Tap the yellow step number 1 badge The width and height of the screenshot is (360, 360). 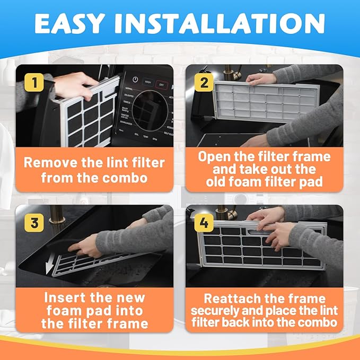coord(33,83)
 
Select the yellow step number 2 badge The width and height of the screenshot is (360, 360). coord(204,83)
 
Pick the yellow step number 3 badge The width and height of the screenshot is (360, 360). coord(33,223)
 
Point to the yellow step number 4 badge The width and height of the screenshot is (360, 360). coord(204,223)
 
